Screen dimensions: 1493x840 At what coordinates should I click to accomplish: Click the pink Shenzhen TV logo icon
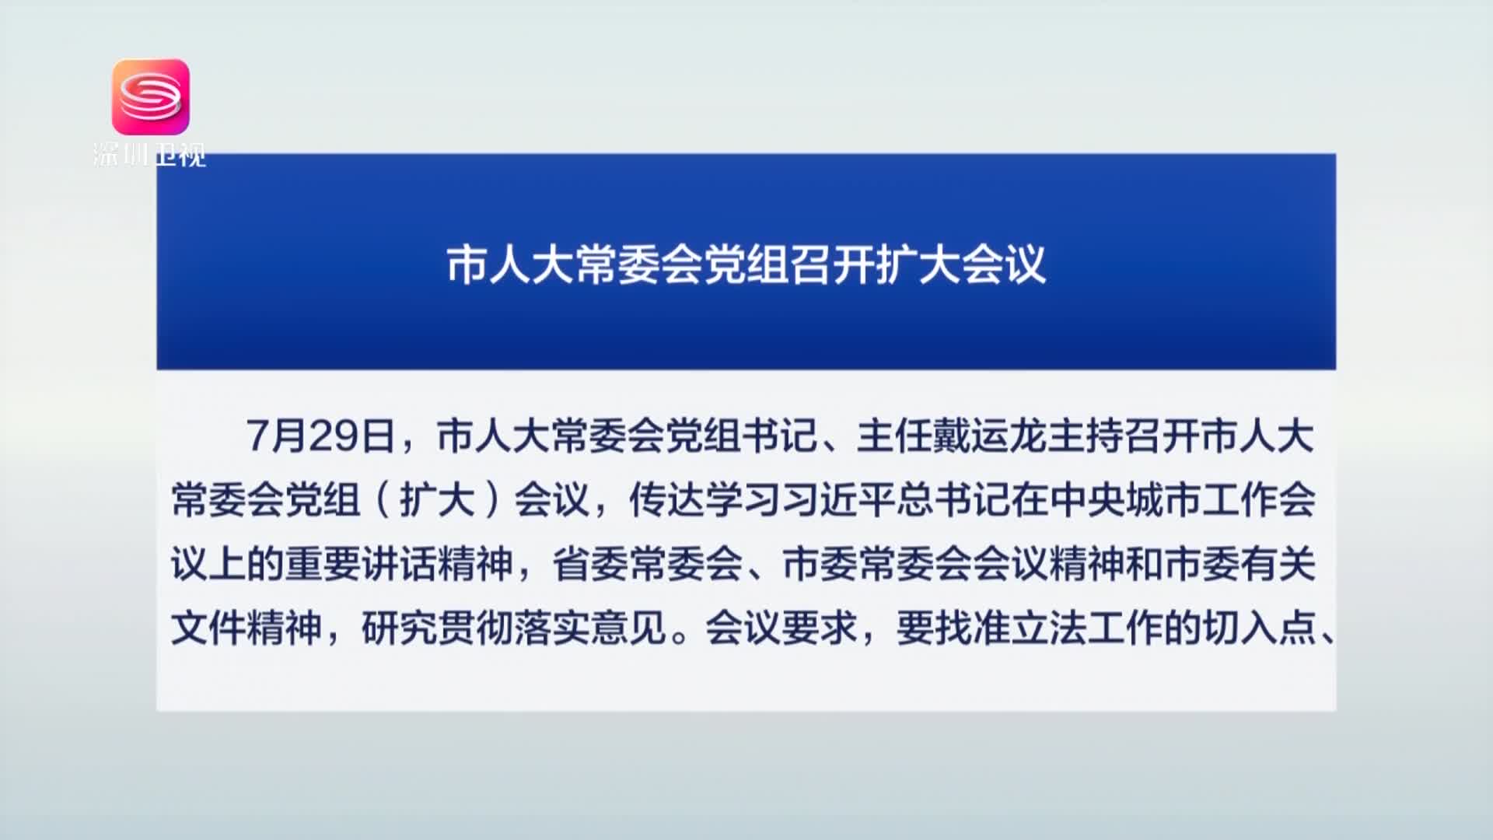pos(151,96)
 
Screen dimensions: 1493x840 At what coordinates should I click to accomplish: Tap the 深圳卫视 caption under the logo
pos(149,155)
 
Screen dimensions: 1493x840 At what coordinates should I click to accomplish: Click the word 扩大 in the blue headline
pos(918,265)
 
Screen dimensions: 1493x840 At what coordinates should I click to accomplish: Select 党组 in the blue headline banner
pos(746,265)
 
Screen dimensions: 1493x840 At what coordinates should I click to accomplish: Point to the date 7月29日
pos(320,436)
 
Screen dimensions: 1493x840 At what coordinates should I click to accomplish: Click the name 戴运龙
pos(989,436)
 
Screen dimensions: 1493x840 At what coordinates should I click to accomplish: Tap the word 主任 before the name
pos(894,436)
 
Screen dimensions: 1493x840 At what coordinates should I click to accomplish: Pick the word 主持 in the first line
pos(1085,436)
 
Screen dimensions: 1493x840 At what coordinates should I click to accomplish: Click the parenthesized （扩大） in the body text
pos(438,500)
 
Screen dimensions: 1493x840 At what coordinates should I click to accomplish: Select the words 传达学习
pos(705,500)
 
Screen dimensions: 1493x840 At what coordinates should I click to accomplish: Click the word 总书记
pos(952,500)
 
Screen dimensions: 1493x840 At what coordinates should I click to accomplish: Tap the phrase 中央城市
pos(1123,500)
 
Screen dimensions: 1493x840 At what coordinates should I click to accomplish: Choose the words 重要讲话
pos(362,564)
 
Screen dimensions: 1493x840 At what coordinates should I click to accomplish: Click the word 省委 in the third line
pos(590,564)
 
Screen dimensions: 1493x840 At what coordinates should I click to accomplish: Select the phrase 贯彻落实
pos(514,628)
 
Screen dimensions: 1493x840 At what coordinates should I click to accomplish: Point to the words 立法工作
pos(1085,628)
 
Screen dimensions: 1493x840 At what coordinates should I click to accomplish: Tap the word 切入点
pos(1257,628)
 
